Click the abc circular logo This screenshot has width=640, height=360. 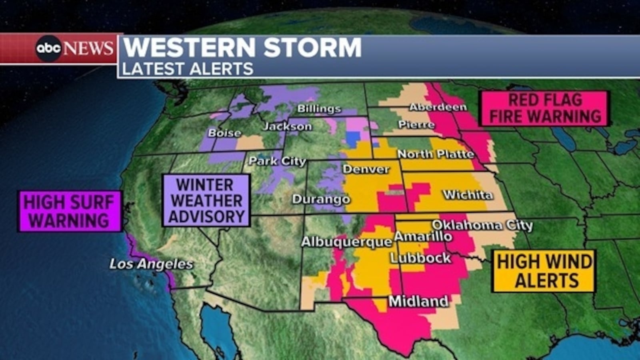pyautogui.click(x=48, y=48)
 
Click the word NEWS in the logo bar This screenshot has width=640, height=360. pyautogui.click(x=88, y=48)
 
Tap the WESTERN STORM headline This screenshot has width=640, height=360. pyautogui.click(x=242, y=47)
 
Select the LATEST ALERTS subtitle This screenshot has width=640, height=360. pyautogui.click(x=188, y=69)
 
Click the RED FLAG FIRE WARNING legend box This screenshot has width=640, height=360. pyautogui.click(x=545, y=108)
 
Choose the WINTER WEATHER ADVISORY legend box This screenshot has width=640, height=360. pyautogui.click(x=206, y=200)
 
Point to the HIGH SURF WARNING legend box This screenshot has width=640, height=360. pyautogui.click(x=70, y=211)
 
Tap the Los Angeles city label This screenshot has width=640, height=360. pyautogui.click(x=151, y=264)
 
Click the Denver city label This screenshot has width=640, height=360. pyautogui.click(x=366, y=169)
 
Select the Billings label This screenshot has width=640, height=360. pyautogui.click(x=319, y=109)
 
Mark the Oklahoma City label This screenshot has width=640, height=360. pyautogui.click(x=482, y=225)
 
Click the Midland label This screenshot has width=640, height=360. pyautogui.click(x=418, y=301)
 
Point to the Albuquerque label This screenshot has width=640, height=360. pyautogui.click(x=346, y=242)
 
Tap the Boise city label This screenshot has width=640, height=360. pyautogui.click(x=224, y=133)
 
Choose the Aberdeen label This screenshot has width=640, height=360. pyautogui.click(x=438, y=107)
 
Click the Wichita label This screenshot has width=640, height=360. pyautogui.click(x=468, y=195)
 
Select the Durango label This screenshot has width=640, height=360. pyautogui.click(x=321, y=199)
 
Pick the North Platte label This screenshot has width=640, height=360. pyautogui.click(x=435, y=154)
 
